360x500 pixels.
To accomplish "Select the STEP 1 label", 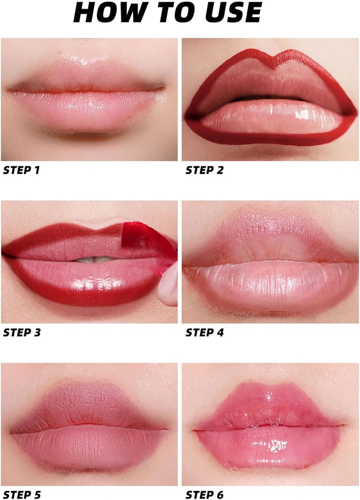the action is tap(21, 170).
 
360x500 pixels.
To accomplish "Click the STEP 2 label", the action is tap(204, 170).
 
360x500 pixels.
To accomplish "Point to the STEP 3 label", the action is tap(22, 332).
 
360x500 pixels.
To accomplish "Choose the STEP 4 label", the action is tap(205, 332).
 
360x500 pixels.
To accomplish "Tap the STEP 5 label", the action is tap(22, 495).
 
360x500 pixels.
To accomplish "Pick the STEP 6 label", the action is tap(205, 495).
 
